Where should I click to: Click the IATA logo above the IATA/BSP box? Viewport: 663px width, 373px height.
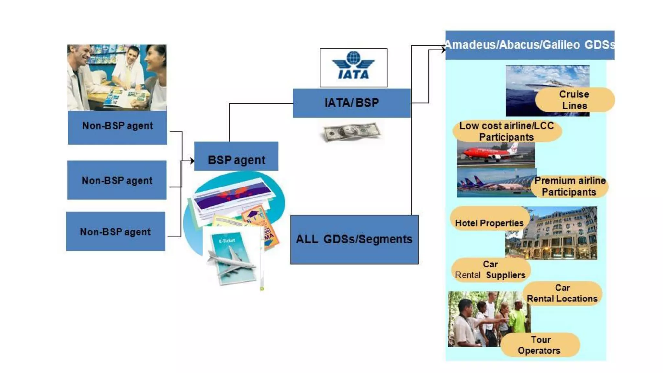[x=353, y=67]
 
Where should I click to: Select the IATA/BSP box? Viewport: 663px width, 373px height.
[x=352, y=103]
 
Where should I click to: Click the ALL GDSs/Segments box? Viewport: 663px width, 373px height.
[x=354, y=239]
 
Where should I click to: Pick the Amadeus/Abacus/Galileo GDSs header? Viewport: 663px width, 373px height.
[x=530, y=45]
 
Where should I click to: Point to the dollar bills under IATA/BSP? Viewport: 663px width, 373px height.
[x=352, y=132]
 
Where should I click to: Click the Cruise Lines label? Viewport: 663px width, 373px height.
[x=574, y=100]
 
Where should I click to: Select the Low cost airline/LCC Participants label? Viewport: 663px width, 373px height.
[x=507, y=131]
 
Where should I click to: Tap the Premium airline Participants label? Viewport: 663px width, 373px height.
[x=569, y=186]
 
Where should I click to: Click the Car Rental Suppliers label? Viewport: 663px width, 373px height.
[x=490, y=270]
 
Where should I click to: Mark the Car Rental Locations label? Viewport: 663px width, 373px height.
[x=562, y=293]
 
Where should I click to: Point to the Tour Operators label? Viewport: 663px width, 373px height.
[x=540, y=345]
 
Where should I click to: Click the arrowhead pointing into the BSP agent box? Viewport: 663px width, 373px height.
[x=192, y=161]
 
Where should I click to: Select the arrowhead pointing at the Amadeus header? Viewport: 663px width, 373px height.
[x=443, y=49]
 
